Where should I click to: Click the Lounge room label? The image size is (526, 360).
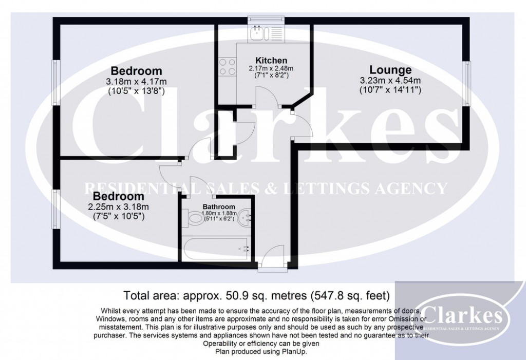[390, 70]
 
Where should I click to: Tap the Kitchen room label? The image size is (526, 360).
[271, 61]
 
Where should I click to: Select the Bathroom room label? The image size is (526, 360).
[218, 209]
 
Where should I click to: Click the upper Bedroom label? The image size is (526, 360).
[137, 71]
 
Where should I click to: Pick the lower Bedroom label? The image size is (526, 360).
[118, 196]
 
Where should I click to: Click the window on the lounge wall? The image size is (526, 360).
[466, 83]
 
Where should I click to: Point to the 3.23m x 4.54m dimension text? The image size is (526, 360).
[390, 81]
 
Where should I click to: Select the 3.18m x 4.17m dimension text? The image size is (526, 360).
[136, 82]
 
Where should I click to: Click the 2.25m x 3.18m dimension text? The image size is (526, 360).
[118, 207]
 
